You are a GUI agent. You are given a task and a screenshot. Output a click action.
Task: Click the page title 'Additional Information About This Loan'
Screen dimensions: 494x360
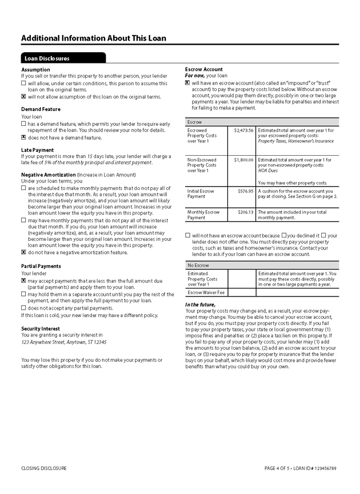pyautogui.click(x=94, y=38)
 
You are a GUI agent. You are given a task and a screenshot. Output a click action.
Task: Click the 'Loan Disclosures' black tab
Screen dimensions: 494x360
pyautogui.click(x=47, y=58)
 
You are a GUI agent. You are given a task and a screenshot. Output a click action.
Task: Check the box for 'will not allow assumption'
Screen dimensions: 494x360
pyautogui.click(x=23, y=97)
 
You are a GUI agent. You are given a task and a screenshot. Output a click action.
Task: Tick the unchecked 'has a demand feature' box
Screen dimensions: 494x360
pyautogui.click(x=23, y=124)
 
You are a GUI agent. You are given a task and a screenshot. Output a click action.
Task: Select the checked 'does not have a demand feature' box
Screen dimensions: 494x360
pyautogui.click(x=23, y=137)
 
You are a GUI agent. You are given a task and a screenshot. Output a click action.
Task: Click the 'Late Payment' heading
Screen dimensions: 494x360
pyautogui.click(x=38, y=150)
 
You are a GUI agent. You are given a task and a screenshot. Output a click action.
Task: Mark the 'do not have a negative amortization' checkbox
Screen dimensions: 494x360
pyautogui.click(x=23, y=252)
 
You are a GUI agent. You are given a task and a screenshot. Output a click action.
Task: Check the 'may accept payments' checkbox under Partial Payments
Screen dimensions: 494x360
pyautogui.click(x=23, y=281)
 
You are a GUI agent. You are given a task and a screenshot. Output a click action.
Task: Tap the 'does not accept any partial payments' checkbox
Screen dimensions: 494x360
pyautogui.click(x=23, y=308)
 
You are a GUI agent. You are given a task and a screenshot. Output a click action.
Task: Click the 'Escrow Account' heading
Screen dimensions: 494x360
pyautogui.click(x=204, y=69)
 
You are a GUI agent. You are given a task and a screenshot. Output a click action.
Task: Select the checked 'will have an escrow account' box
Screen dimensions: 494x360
pyautogui.click(x=188, y=83)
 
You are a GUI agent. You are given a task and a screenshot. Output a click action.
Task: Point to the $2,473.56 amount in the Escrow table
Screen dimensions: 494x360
pyautogui.click(x=243, y=130)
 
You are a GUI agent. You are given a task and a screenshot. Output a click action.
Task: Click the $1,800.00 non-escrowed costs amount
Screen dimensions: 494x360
pyautogui.click(x=243, y=160)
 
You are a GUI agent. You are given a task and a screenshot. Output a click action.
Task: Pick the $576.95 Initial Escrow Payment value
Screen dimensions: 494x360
pyautogui.click(x=245, y=191)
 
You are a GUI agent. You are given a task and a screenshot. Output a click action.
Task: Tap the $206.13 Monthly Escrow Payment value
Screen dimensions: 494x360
pyautogui.click(x=245, y=212)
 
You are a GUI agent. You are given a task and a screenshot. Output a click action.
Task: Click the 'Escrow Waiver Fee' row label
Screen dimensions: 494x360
pyautogui.click(x=206, y=292)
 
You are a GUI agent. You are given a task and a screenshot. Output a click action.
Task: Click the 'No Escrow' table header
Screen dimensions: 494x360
pyautogui.click(x=198, y=266)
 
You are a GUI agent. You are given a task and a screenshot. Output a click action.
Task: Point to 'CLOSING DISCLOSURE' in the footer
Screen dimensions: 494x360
pyautogui.click(x=44, y=468)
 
